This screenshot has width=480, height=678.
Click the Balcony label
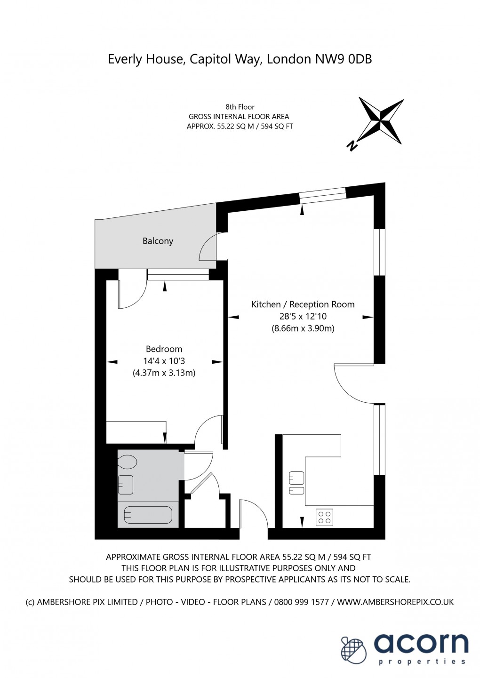tap(158, 241)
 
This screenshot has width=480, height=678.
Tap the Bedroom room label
tap(164, 349)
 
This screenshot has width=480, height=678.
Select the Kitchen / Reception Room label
tap(303, 304)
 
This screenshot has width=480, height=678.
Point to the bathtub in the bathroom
tap(148, 515)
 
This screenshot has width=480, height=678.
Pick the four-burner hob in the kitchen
tap(324, 517)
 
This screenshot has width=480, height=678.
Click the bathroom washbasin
tap(126, 485)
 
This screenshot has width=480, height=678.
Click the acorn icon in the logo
tap(353, 649)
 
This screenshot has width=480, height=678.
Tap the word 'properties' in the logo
tap(422, 662)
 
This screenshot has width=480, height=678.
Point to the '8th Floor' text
tap(240, 107)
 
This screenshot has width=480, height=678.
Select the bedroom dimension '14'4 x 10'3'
tap(164, 361)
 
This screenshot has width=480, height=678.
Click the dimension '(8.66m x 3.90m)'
tap(303, 328)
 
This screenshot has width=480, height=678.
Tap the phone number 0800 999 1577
tap(302, 602)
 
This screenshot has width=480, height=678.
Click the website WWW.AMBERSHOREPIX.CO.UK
tap(395, 602)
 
